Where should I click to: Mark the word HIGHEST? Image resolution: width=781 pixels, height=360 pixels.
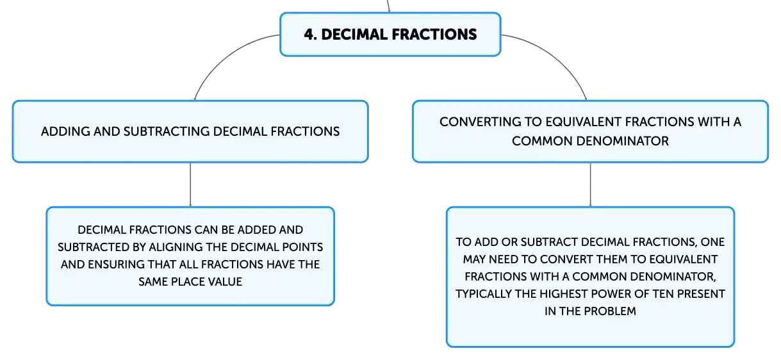(562, 294)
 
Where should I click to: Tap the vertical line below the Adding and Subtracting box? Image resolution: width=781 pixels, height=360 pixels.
(190, 184)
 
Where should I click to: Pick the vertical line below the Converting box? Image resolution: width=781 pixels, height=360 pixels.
(590, 184)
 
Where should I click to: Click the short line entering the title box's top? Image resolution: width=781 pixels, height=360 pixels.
(388, 6)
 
